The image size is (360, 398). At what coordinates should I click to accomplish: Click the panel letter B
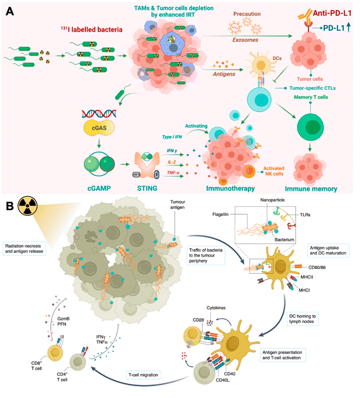(x=9, y=206)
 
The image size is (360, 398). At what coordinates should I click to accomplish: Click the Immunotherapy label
(x=223, y=188)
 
